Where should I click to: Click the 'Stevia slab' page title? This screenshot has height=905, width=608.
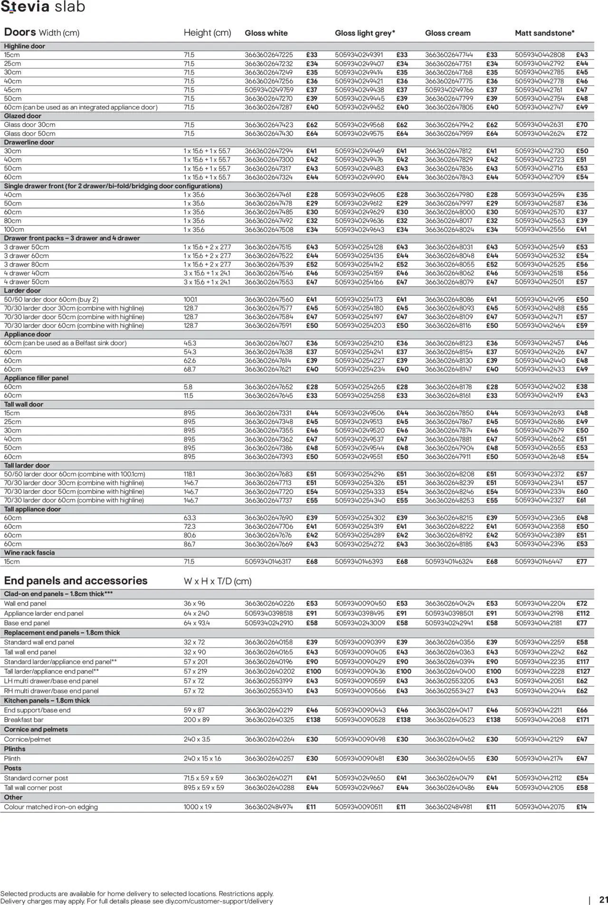click(x=43, y=7)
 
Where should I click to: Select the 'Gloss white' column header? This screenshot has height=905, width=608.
click(x=266, y=33)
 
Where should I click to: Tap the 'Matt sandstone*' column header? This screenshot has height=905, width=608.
click(x=544, y=33)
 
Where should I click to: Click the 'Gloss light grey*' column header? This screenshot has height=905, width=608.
click(x=365, y=33)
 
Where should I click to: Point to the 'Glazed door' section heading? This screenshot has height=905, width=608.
click(x=23, y=116)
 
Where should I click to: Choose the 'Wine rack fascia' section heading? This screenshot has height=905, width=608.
click(x=29, y=553)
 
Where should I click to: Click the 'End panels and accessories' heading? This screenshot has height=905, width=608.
click(x=76, y=581)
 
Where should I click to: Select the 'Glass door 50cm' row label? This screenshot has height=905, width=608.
click(x=29, y=134)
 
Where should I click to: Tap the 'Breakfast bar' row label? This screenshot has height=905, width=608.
click(x=24, y=720)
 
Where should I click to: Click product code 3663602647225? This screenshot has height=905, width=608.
click(x=269, y=55)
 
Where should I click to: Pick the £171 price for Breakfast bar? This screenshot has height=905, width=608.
click(x=582, y=720)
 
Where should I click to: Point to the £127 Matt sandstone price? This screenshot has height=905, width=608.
click(x=583, y=672)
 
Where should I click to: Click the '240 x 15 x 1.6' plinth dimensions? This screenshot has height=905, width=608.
click(x=202, y=759)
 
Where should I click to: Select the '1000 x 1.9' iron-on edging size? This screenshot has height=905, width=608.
click(x=198, y=807)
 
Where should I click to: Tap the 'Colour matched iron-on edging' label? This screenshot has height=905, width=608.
click(x=51, y=807)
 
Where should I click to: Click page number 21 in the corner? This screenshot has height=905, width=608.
click(x=604, y=900)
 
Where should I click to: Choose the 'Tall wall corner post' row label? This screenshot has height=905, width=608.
click(x=33, y=788)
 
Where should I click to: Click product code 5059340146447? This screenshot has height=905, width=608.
click(x=539, y=562)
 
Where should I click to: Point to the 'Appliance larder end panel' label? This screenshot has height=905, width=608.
click(x=44, y=613)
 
